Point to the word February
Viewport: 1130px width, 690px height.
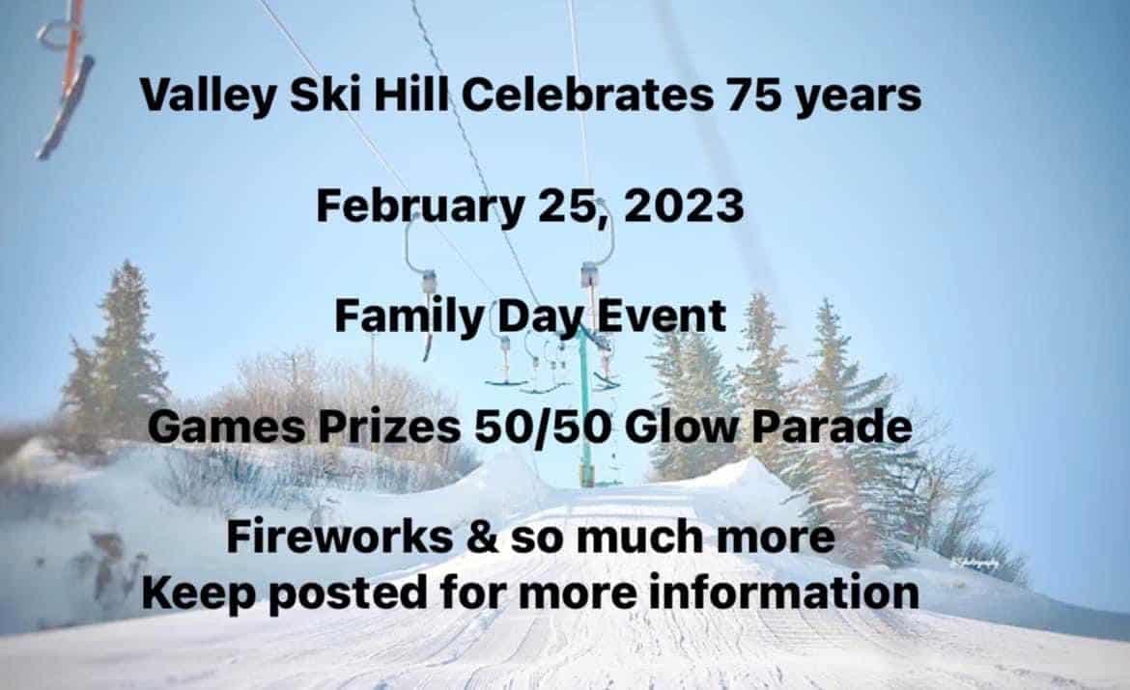point(419,207)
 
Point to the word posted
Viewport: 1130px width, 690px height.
point(348,594)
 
